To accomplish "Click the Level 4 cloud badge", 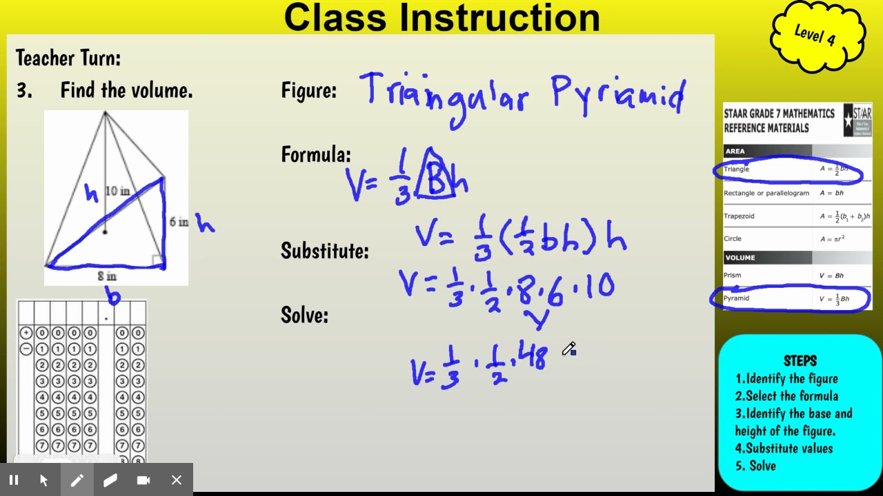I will pyautogui.click(x=817, y=34).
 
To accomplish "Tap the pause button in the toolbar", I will pyautogui.click(x=14, y=480).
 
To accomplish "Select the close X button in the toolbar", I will pyautogui.click(x=177, y=480).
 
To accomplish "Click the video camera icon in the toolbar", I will pyautogui.click(x=143, y=480).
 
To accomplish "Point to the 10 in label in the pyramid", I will pyautogui.click(x=117, y=191).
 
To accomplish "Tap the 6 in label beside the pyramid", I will pyautogui.click(x=179, y=222).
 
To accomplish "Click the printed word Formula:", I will pyautogui.click(x=316, y=154).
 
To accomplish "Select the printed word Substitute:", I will pyautogui.click(x=324, y=251).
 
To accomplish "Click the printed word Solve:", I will pyautogui.click(x=304, y=316).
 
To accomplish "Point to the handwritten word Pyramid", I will pyautogui.click(x=618, y=95).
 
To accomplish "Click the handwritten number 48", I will pyautogui.click(x=531, y=358).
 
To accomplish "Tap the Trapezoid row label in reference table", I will pyautogui.click(x=739, y=216).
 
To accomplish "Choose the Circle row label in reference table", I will pyautogui.click(x=733, y=238).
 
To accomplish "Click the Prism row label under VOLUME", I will pyautogui.click(x=732, y=276).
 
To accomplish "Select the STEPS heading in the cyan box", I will pyautogui.click(x=800, y=361).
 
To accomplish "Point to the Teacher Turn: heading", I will pyautogui.click(x=68, y=59).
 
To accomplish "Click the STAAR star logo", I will pyautogui.click(x=857, y=121).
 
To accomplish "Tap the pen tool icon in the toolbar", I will pyautogui.click(x=77, y=480).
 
